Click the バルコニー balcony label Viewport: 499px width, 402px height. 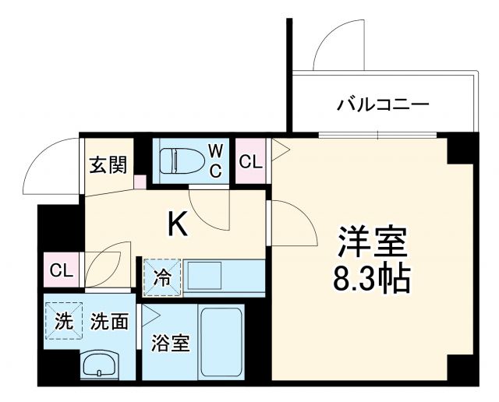click(383, 104)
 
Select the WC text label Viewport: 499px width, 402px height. click(216, 159)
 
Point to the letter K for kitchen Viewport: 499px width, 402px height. click(178, 225)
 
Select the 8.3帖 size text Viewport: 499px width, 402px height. click(373, 278)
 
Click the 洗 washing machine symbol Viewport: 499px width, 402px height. click(63, 322)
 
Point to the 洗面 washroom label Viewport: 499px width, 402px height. click(108, 322)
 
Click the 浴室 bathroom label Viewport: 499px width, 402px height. click(171, 344)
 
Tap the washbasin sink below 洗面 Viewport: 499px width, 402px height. click(100, 365)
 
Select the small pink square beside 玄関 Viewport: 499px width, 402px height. click(140, 182)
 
